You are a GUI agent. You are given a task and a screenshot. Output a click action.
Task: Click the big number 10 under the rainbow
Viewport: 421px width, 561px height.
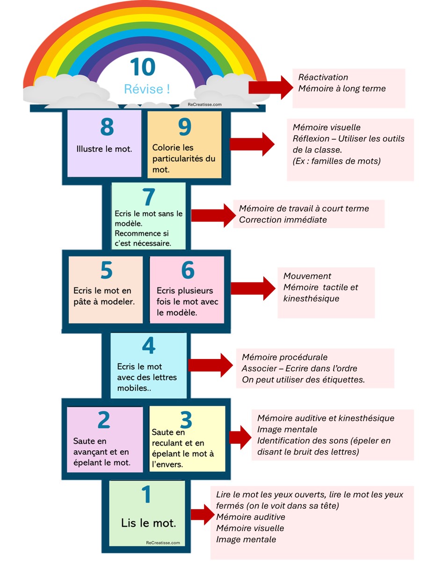coord(143,67)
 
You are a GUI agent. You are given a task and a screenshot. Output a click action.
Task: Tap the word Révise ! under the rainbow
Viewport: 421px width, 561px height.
coord(147,89)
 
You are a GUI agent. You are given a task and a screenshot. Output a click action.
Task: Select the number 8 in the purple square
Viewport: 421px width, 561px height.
coord(107,127)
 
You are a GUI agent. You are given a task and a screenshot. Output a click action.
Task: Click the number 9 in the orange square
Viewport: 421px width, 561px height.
coord(185,127)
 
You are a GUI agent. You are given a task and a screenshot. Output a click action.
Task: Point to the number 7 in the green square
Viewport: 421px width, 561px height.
coord(149,197)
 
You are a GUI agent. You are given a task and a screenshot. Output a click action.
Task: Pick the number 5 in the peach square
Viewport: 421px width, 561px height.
coord(107,270)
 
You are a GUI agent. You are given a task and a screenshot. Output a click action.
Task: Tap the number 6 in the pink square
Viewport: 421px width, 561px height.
coord(188,270)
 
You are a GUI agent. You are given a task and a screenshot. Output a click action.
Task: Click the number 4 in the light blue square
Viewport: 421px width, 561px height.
coord(149,345)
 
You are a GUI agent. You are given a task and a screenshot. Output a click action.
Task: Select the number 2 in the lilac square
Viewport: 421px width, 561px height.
coord(104,420)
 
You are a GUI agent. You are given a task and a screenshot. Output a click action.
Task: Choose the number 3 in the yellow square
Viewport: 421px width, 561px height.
coord(186,420)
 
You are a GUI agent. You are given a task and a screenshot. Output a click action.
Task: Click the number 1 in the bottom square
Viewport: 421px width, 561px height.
coord(146,494)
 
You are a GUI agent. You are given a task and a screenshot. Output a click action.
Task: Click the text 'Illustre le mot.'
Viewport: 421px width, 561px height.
coord(104,149)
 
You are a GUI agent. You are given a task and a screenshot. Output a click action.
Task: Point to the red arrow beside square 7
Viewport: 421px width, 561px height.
coord(213,216)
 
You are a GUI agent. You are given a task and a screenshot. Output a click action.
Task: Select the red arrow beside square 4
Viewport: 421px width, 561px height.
coord(210,365)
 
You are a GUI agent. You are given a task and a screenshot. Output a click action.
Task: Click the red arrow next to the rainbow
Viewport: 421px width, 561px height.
coord(271,87)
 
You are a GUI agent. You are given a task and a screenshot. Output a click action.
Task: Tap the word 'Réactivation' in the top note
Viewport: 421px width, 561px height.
coord(323,77)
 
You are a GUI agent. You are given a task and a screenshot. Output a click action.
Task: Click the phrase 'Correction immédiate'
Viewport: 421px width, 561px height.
coord(283,220)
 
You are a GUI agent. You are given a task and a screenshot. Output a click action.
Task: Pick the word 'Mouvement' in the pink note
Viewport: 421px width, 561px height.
coord(307,276)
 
